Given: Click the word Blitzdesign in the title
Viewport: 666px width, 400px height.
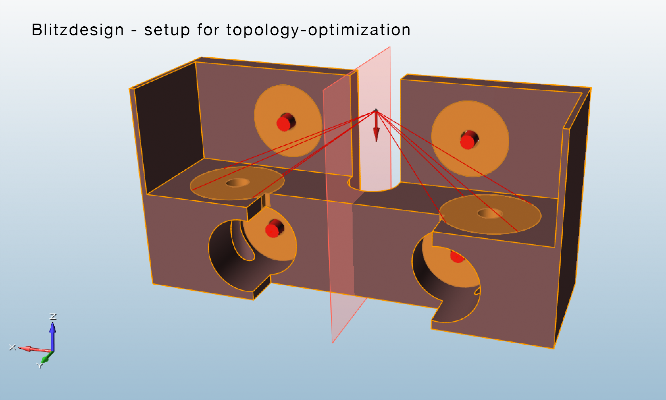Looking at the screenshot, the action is click(x=78, y=30).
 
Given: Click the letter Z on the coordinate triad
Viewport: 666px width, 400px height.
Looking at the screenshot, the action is click(x=53, y=316).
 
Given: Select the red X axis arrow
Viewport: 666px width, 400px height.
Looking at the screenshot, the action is click(x=34, y=349).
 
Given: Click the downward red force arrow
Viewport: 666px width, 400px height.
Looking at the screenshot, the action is click(x=376, y=126).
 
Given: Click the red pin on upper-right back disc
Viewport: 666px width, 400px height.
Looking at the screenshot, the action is click(x=469, y=140).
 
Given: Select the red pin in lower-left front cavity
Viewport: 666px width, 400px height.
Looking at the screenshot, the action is click(x=274, y=229).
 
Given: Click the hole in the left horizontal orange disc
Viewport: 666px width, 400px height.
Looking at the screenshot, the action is click(x=238, y=182).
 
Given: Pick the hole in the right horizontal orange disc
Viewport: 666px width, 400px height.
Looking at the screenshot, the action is click(x=490, y=213).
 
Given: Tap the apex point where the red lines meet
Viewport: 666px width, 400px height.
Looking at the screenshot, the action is click(x=376, y=111).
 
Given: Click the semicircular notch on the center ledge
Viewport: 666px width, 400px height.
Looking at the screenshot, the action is click(x=374, y=186).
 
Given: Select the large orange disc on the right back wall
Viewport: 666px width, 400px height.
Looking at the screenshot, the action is click(x=470, y=139).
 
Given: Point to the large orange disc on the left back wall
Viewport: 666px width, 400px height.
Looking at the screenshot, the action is click(x=288, y=121).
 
